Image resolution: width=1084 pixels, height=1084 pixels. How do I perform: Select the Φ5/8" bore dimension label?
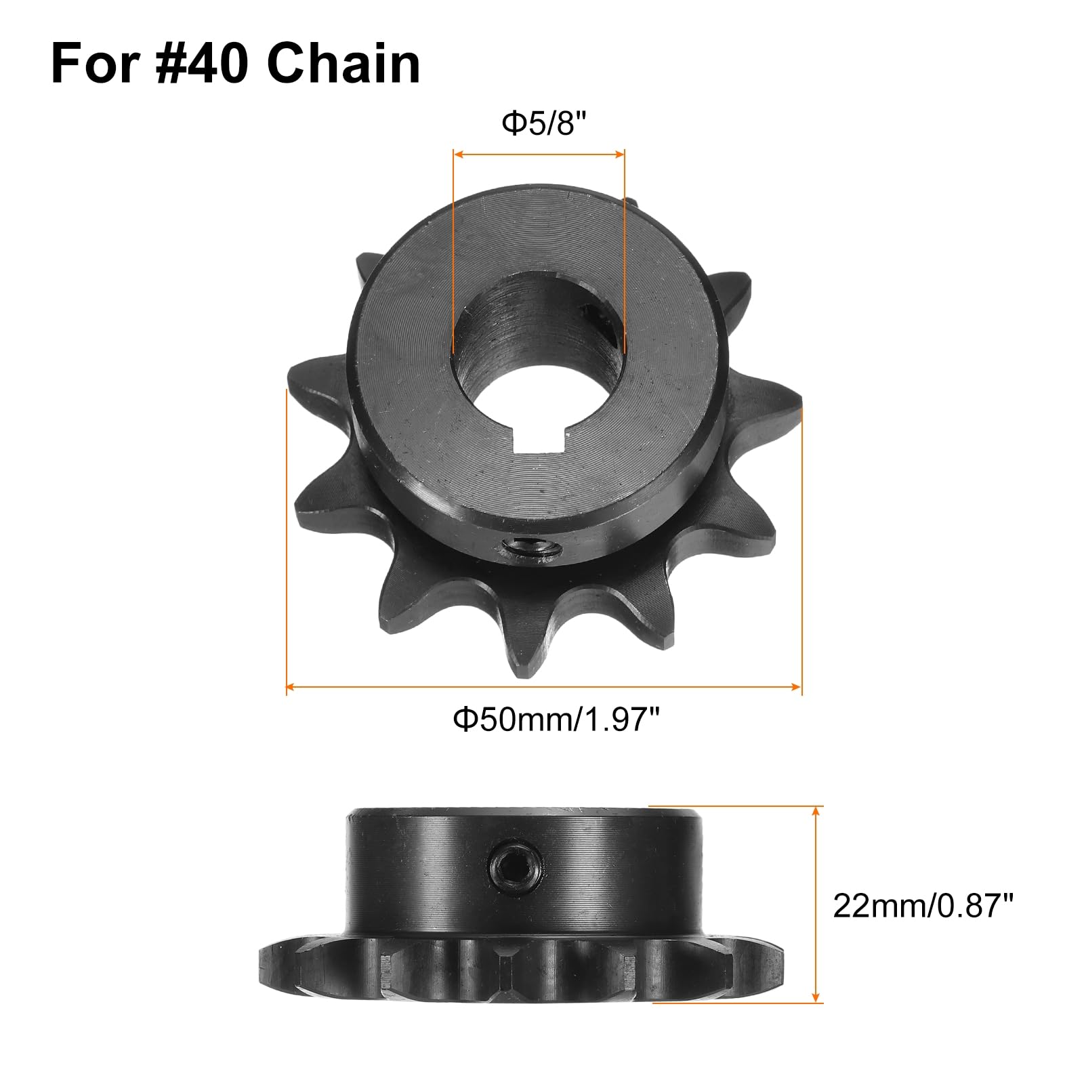(543, 124)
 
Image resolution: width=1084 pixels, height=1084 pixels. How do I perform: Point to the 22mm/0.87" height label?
(923, 906)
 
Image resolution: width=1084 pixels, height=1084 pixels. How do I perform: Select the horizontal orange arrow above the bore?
(539, 154)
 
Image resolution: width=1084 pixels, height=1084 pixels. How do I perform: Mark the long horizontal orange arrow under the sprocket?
(543, 687)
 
